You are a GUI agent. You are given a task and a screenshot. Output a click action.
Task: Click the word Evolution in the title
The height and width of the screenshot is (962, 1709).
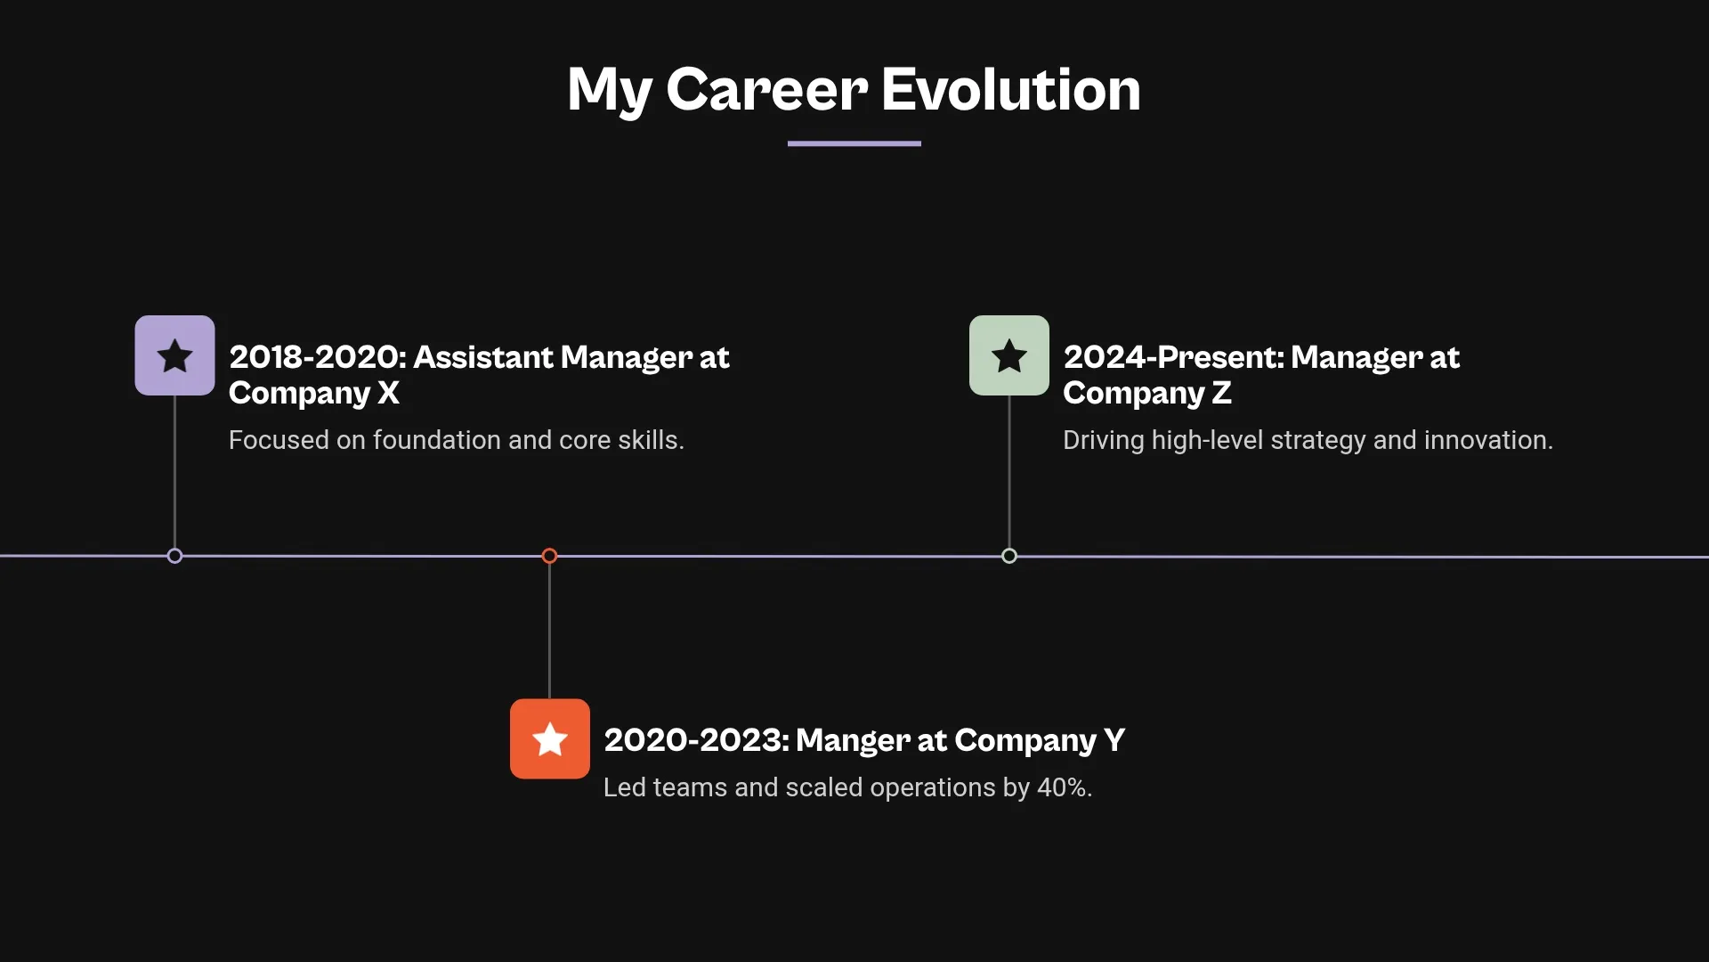pyautogui.click(x=1010, y=89)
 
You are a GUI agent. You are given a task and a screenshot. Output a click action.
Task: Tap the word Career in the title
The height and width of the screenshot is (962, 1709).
pyautogui.click(x=766, y=89)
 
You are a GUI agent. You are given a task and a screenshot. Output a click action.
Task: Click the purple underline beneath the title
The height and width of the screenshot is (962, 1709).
pyautogui.click(x=854, y=143)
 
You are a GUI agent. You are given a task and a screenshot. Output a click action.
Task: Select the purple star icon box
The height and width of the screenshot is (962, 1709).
pyautogui.click(x=174, y=355)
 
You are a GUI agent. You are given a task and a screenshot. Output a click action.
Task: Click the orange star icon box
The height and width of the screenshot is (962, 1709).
pyautogui.click(x=549, y=738)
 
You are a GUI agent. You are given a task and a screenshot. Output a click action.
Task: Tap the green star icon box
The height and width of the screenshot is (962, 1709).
pyautogui.click(x=1008, y=355)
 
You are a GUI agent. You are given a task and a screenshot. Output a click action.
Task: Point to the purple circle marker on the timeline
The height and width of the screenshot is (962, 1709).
pyautogui.click(x=174, y=556)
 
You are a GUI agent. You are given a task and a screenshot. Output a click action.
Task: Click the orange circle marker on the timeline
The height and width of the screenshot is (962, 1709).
pyautogui.click(x=549, y=556)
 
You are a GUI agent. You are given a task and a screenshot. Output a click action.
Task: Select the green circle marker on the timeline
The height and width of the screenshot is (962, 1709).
pyautogui.click(x=1008, y=556)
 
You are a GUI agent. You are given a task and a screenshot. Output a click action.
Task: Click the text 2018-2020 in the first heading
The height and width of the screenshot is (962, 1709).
pyautogui.click(x=316, y=357)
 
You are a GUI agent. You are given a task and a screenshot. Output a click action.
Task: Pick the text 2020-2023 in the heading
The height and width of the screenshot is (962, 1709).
pyautogui.click(x=695, y=740)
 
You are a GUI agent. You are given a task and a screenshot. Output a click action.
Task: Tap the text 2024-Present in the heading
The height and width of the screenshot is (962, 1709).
pyautogui.click(x=1173, y=357)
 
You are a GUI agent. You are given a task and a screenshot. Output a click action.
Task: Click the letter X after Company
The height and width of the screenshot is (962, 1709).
pyautogui.click(x=388, y=393)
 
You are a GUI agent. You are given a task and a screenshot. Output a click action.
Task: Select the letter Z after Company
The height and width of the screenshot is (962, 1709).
pyautogui.click(x=1221, y=393)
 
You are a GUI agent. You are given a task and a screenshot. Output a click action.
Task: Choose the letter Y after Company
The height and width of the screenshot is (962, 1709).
pyautogui.click(x=1114, y=740)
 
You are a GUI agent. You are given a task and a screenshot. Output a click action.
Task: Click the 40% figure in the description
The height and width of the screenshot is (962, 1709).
pyautogui.click(x=1064, y=787)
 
